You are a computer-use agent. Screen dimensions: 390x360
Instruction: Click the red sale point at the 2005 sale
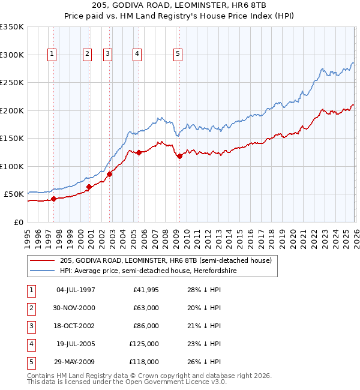(139, 152)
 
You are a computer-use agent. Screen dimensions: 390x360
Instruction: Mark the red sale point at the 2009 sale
(179, 157)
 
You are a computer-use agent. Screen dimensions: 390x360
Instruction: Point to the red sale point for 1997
(53, 199)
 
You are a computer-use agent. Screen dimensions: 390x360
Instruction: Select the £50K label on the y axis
(14, 194)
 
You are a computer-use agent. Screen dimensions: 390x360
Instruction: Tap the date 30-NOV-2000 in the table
(75, 308)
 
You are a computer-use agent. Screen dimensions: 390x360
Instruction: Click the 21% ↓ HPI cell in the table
(205, 326)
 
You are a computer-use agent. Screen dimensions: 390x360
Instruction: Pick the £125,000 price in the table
(145, 344)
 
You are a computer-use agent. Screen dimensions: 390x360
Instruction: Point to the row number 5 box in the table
(29, 362)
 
